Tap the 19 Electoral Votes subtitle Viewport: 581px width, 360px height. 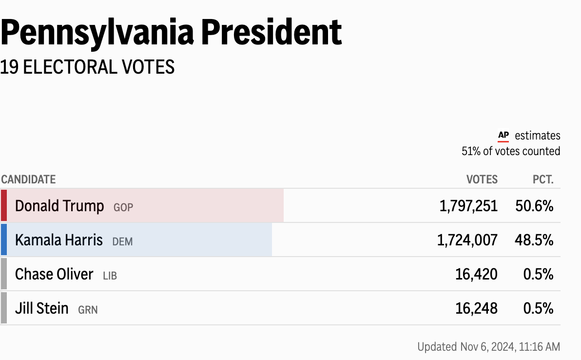click(87, 67)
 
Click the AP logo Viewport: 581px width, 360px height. click(503, 136)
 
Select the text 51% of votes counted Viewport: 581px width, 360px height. click(511, 151)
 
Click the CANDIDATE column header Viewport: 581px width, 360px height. click(28, 180)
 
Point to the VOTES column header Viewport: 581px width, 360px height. click(482, 180)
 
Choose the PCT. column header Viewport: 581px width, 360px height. click(543, 180)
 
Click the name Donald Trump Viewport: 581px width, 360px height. click(59, 206)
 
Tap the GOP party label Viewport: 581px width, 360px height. click(123, 207)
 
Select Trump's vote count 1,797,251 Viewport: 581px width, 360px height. click(468, 206)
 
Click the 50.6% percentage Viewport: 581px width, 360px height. click(534, 206)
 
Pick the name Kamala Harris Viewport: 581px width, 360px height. click(59, 240)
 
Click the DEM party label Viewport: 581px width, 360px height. click(122, 241)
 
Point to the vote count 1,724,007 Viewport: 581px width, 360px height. click(468, 240)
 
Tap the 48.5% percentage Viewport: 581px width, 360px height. click(534, 240)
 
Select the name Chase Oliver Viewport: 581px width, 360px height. click(54, 274)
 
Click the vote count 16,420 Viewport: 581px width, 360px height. click(476, 274)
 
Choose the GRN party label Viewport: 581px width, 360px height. click(88, 310)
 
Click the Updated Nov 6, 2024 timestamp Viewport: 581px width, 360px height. click(488, 347)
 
